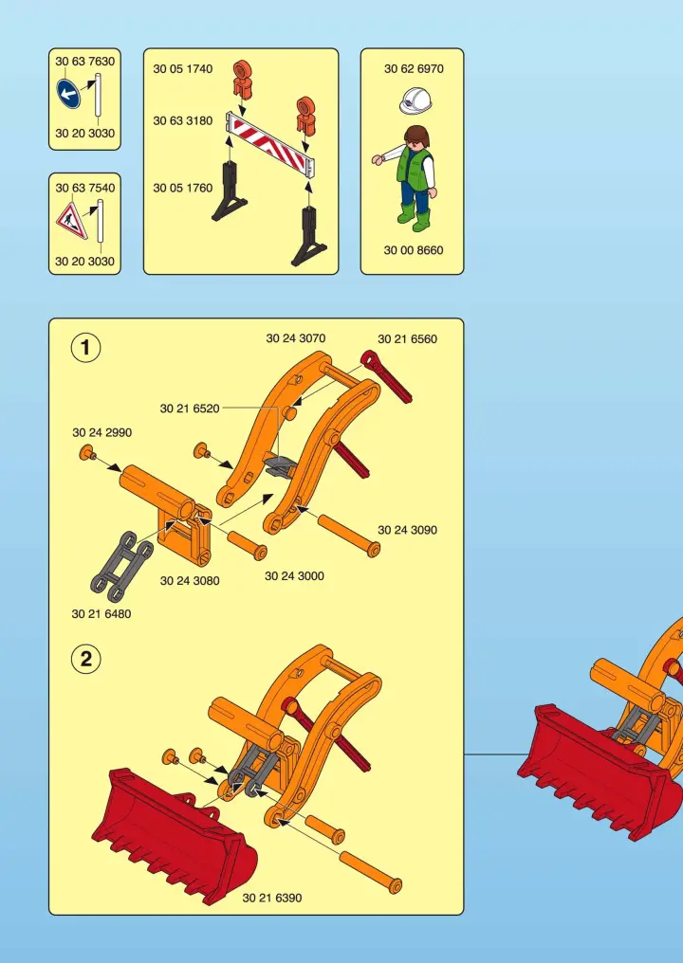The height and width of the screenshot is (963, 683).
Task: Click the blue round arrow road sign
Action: (69, 94)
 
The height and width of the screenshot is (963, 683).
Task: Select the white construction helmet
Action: (415, 100)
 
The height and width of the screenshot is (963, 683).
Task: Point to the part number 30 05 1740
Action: (182, 69)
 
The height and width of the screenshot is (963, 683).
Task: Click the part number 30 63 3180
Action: (182, 121)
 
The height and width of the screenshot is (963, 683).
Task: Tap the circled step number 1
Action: (85, 348)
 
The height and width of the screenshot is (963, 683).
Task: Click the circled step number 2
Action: (85, 659)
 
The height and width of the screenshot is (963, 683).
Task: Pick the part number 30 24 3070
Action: (296, 338)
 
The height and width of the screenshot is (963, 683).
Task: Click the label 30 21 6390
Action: (271, 898)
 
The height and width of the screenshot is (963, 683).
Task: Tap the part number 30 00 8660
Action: (413, 250)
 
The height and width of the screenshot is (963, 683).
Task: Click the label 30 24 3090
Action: (408, 530)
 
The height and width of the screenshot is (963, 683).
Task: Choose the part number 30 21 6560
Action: (408, 339)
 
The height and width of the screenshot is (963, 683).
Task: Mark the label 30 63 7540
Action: (84, 188)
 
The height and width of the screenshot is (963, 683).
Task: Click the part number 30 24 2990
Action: (102, 432)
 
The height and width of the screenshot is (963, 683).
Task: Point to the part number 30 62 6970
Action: (414, 69)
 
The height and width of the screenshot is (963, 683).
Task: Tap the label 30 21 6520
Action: (190, 409)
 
